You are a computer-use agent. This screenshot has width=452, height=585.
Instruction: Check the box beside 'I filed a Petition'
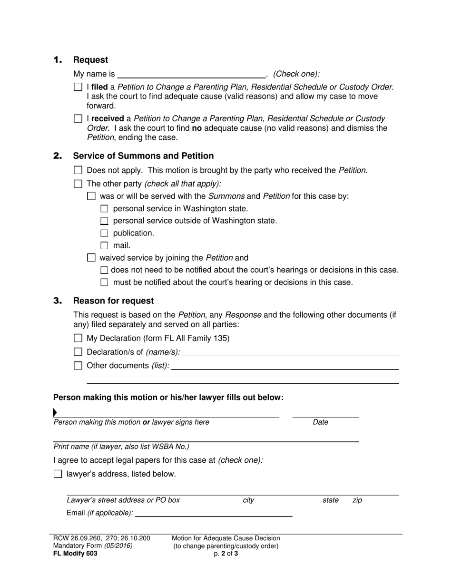(78, 88)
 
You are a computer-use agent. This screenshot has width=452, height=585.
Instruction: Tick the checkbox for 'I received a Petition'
(78, 119)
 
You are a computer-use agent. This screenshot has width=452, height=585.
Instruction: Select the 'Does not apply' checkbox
(78, 170)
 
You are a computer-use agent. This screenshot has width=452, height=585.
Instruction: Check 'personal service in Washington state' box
(105, 209)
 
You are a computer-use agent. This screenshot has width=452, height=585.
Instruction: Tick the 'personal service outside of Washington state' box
(105, 221)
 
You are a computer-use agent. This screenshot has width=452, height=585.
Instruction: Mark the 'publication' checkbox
(105, 234)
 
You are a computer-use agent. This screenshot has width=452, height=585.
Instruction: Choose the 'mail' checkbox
(105, 246)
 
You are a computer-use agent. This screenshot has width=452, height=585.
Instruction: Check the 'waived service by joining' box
(91, 258)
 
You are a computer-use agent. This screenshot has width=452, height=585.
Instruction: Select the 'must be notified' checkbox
(105, 283)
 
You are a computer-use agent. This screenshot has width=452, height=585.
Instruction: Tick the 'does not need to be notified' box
(105, 270)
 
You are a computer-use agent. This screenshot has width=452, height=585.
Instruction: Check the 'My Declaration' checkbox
(78, 339)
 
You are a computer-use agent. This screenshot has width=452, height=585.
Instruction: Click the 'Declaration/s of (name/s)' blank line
(290, 352)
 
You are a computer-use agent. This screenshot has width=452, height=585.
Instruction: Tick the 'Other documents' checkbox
(78, 366)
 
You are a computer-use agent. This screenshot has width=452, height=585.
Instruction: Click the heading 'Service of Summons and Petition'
(143, 156)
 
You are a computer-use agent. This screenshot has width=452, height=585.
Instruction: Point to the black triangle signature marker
(55, 412)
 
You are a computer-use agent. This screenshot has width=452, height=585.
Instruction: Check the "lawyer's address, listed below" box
(58, 474)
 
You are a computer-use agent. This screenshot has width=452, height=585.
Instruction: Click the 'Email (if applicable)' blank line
(214, 513)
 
